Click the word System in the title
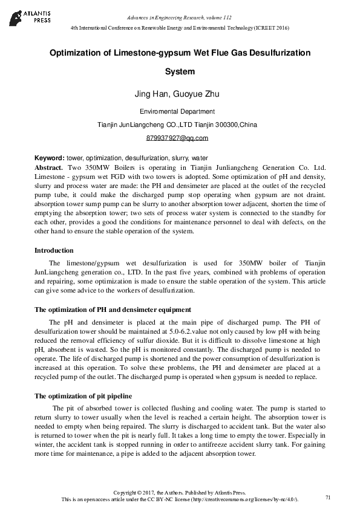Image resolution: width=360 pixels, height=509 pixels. pyautogui.click(x=180, y=72)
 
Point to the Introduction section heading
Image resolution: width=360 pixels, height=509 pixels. pyautogui.click(x=54, y=250)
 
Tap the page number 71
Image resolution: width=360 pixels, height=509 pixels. pyautogui.click(x=328, y=497)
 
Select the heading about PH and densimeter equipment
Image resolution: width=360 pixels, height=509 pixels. pyautogui.click(x=113, y=310)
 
